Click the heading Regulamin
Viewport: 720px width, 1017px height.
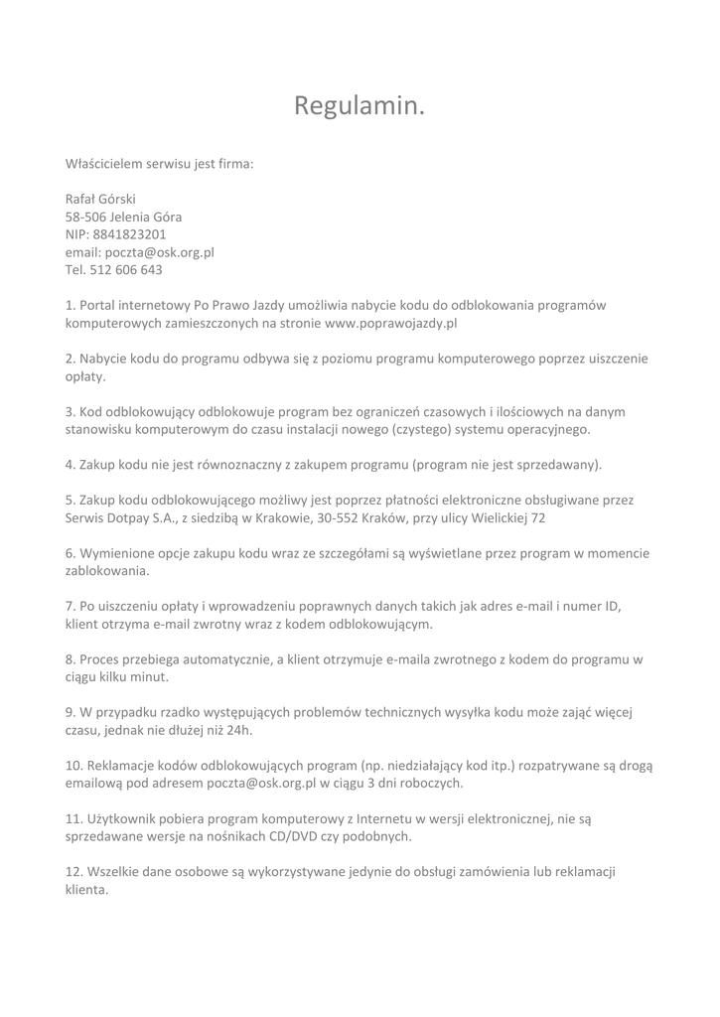360,106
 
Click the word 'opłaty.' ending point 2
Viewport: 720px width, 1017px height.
85,376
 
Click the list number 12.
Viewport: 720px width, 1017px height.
73,871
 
